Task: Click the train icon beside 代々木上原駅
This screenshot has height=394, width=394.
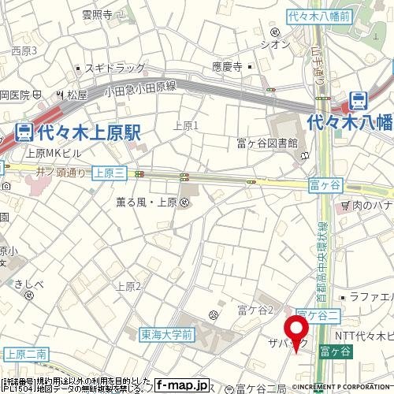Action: pyautogui.click(x=24, y=132)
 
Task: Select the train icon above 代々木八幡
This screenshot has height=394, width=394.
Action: pyautogui.click(x=359, y=101)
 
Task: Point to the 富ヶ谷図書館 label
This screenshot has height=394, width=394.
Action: pyautogui.click(x=267, y=143)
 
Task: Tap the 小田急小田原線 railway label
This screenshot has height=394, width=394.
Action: pyautogui.click(x=141, y=91)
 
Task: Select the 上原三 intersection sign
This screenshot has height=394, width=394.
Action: pyautogui.click(x=108, y=172)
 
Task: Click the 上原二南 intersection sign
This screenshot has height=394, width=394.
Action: pyautogui.click(x=27, y=354)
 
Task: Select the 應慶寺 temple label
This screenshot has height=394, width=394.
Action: pyautogui.click(x=226, y=69)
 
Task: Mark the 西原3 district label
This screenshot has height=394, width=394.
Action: pyautogui.click(x=24, y=50)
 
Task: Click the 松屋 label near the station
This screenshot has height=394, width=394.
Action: pyautogui.click(x=76, y=95)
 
